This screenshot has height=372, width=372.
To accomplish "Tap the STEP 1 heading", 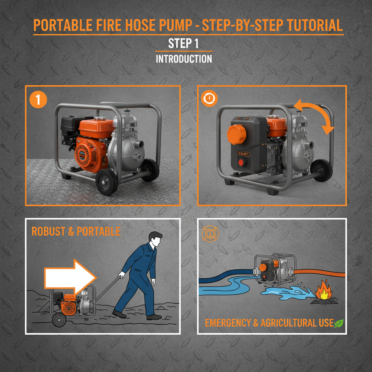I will pyautogui.click(x=183, y=44).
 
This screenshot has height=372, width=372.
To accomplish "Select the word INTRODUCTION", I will pyautogui.click(x=184, y=59).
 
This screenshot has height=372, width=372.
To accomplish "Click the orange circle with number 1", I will pyautogui.click(x=38, y=99).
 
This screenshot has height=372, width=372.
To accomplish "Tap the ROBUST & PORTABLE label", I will pyautogui.click(x=76, y=232).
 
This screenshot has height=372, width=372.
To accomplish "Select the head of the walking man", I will pyautogui.click(x=155, y=240).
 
